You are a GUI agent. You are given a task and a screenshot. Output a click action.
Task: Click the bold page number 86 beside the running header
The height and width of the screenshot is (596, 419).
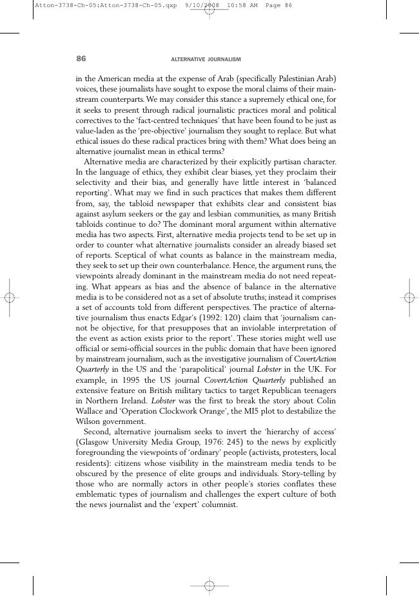coord(81,59)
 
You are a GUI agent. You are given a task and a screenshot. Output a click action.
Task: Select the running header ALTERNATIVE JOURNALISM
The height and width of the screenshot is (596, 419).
coord(206,59)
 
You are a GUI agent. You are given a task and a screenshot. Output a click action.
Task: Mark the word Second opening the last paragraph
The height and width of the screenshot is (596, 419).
coord(99,432)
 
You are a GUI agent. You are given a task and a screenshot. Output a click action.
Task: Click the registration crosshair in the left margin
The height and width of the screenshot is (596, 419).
coord(9,298)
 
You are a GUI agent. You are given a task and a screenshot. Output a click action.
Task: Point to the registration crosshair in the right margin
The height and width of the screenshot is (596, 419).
coord(409,298)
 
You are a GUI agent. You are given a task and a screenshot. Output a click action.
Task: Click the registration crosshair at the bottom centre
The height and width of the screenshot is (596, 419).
coord(209,586)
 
